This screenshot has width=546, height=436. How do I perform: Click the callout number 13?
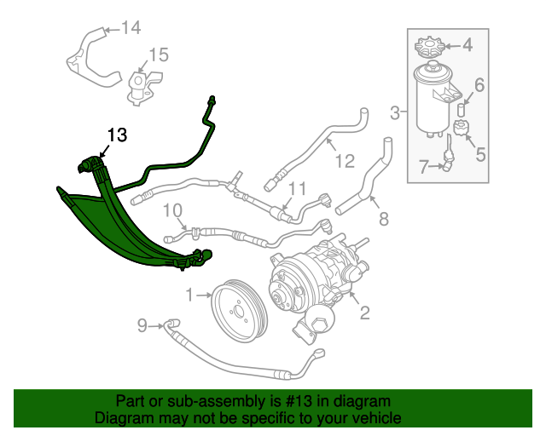tap(116, 135)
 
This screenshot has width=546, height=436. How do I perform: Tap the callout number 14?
tap(130, 28)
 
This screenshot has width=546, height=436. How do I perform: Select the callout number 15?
tap(159, 56)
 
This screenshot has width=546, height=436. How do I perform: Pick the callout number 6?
tap(479, 84)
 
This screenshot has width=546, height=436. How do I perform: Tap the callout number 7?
tap(383, 220)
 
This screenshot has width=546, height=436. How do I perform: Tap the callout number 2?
tap(364, 313)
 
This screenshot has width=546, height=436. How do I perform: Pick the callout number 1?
tap(189, 295)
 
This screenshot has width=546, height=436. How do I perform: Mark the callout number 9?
tap(142, 324)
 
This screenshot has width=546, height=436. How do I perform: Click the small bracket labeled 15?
tap(139, 85)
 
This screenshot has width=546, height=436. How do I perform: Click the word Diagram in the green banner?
tap(123, 419)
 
